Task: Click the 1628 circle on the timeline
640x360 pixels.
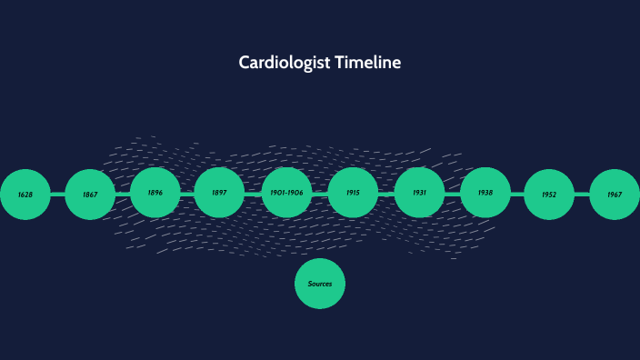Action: pos(25,195)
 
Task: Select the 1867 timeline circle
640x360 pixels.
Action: pos(90,195)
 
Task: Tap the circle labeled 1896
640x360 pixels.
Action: pos(155,193)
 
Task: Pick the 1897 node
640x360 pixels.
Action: pos(219,193)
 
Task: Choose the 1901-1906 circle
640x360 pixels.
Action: pos(286,193)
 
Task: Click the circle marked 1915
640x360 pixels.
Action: pos(353,193)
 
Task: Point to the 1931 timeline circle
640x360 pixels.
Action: pos(419,193)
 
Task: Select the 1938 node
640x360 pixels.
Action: pos(485,193)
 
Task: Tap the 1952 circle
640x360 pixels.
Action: pos(549,195)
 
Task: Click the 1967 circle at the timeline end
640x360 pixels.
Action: pos(615,195)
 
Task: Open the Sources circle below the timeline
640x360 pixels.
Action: pos(320,284)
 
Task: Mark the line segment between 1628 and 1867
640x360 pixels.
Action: pos(57,195)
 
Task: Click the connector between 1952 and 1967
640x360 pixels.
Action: pos(582,195)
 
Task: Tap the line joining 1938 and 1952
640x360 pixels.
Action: pos(517,194)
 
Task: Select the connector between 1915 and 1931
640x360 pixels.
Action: pos(386,193)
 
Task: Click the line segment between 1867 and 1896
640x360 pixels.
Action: pos(123,194)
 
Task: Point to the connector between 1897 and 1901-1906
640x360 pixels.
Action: pos(253,193)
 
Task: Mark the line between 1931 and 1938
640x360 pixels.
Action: pos(452,193)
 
